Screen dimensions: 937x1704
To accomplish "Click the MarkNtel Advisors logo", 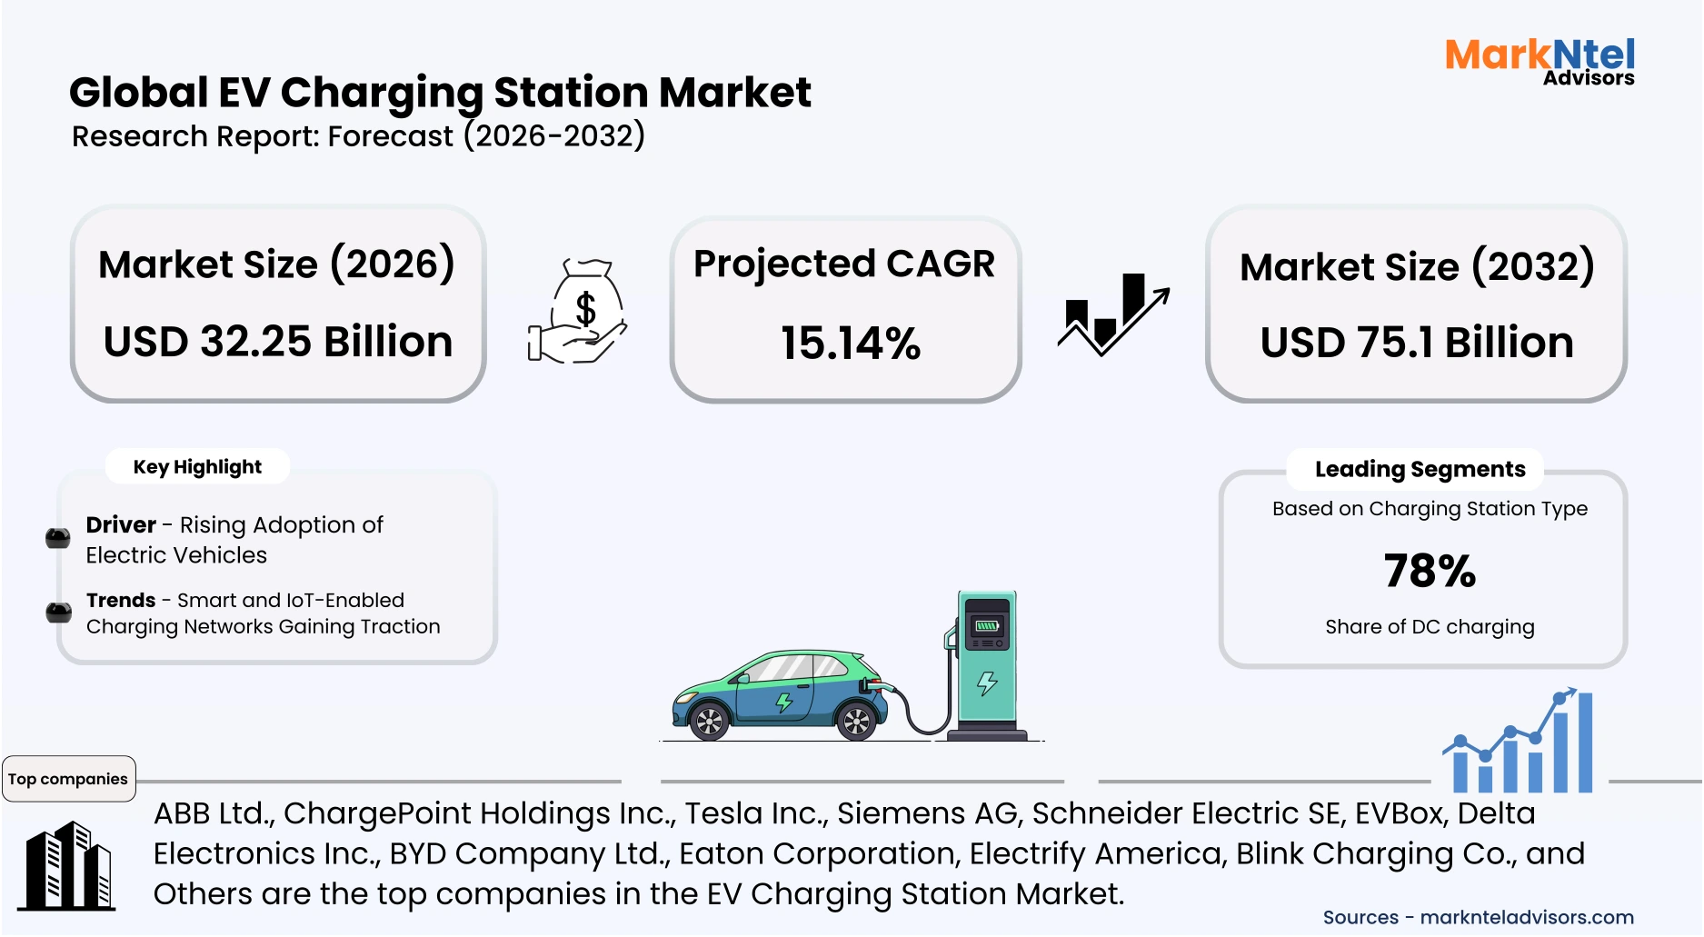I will pos(1540,62).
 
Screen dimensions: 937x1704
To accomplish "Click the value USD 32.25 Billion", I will pos(278,342).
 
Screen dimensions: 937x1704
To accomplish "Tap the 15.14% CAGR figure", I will pos(851,344).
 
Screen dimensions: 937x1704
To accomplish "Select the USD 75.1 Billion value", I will pos(1417,343).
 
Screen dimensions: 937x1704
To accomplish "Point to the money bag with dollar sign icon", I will pos(579,311).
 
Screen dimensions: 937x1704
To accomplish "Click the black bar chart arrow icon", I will pos(1112,314).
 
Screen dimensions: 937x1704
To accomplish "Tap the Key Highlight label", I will pos(197,467).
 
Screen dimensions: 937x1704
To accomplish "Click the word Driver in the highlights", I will pos(121,525).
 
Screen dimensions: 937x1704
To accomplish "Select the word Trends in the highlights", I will pos(121,601).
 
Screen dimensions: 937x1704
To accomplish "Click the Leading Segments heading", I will pos(1420,469).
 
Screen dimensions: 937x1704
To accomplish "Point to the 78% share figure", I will pos(1430,571).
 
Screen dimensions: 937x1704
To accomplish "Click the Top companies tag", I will pos(68,779).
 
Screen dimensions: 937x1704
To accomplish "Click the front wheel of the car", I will pos(856,723).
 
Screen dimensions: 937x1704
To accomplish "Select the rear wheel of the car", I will pos(708,723).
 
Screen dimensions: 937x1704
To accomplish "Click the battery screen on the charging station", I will pos(987,625).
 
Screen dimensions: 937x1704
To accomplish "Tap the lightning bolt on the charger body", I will pos(987,683).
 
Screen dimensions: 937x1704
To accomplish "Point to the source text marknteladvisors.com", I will pos(1526,918).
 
